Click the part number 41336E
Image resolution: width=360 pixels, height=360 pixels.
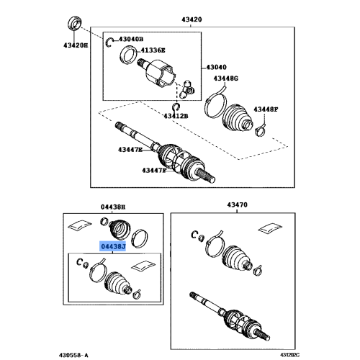[152, 50]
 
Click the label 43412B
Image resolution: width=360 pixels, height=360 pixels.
[175, 115]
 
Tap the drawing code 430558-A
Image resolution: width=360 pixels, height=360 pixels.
[74, 354]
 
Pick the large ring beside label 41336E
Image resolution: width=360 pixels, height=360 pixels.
[129, 53]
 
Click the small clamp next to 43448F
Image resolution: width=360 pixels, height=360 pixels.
[261, 130]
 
